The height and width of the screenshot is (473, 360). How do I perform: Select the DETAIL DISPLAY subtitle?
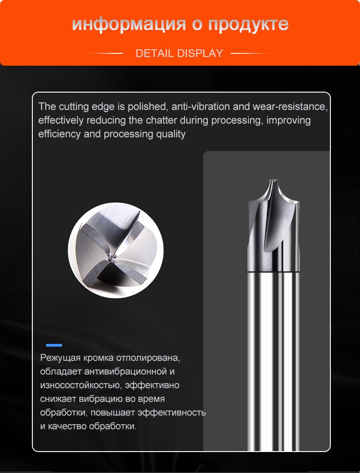[179, 53]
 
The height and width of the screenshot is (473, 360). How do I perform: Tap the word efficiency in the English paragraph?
[59, 134]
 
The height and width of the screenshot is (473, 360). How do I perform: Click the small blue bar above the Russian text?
[54, 345]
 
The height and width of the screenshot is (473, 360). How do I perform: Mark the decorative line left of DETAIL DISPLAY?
[104, 53]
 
